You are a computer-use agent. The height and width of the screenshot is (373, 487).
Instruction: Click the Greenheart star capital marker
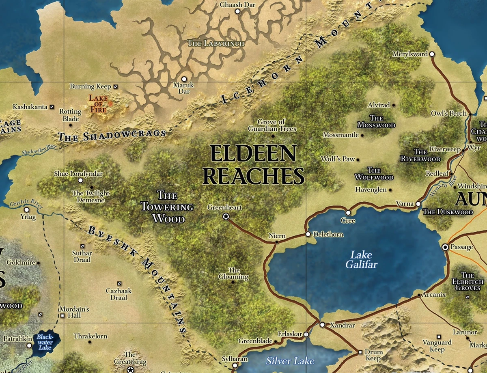point(226,217)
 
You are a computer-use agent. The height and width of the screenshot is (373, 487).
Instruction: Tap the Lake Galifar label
point(361,260)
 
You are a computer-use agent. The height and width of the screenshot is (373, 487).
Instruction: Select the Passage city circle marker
point(445,247)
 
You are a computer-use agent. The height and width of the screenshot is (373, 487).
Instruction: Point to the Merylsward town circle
point(432,54)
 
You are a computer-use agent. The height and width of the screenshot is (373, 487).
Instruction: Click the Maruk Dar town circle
point(184,79)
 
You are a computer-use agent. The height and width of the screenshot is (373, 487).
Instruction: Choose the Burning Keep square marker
point(116,86)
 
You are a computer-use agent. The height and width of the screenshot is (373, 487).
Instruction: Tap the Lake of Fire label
point(99,103)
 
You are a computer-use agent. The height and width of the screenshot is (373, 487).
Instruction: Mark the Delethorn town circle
point(308,234)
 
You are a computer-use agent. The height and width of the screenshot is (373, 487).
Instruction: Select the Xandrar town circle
point(322,325)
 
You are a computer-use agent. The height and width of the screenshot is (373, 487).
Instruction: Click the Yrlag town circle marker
point(27,210)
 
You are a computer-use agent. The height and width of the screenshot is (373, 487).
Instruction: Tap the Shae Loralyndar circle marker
point(80,180)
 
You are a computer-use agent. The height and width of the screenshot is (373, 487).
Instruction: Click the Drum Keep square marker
point(360,352)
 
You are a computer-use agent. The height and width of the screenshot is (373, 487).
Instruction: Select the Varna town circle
point(418,204)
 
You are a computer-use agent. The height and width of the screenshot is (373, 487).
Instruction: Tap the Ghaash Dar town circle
point(237,11)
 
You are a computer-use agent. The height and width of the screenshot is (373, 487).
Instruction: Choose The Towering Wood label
point(167,207)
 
